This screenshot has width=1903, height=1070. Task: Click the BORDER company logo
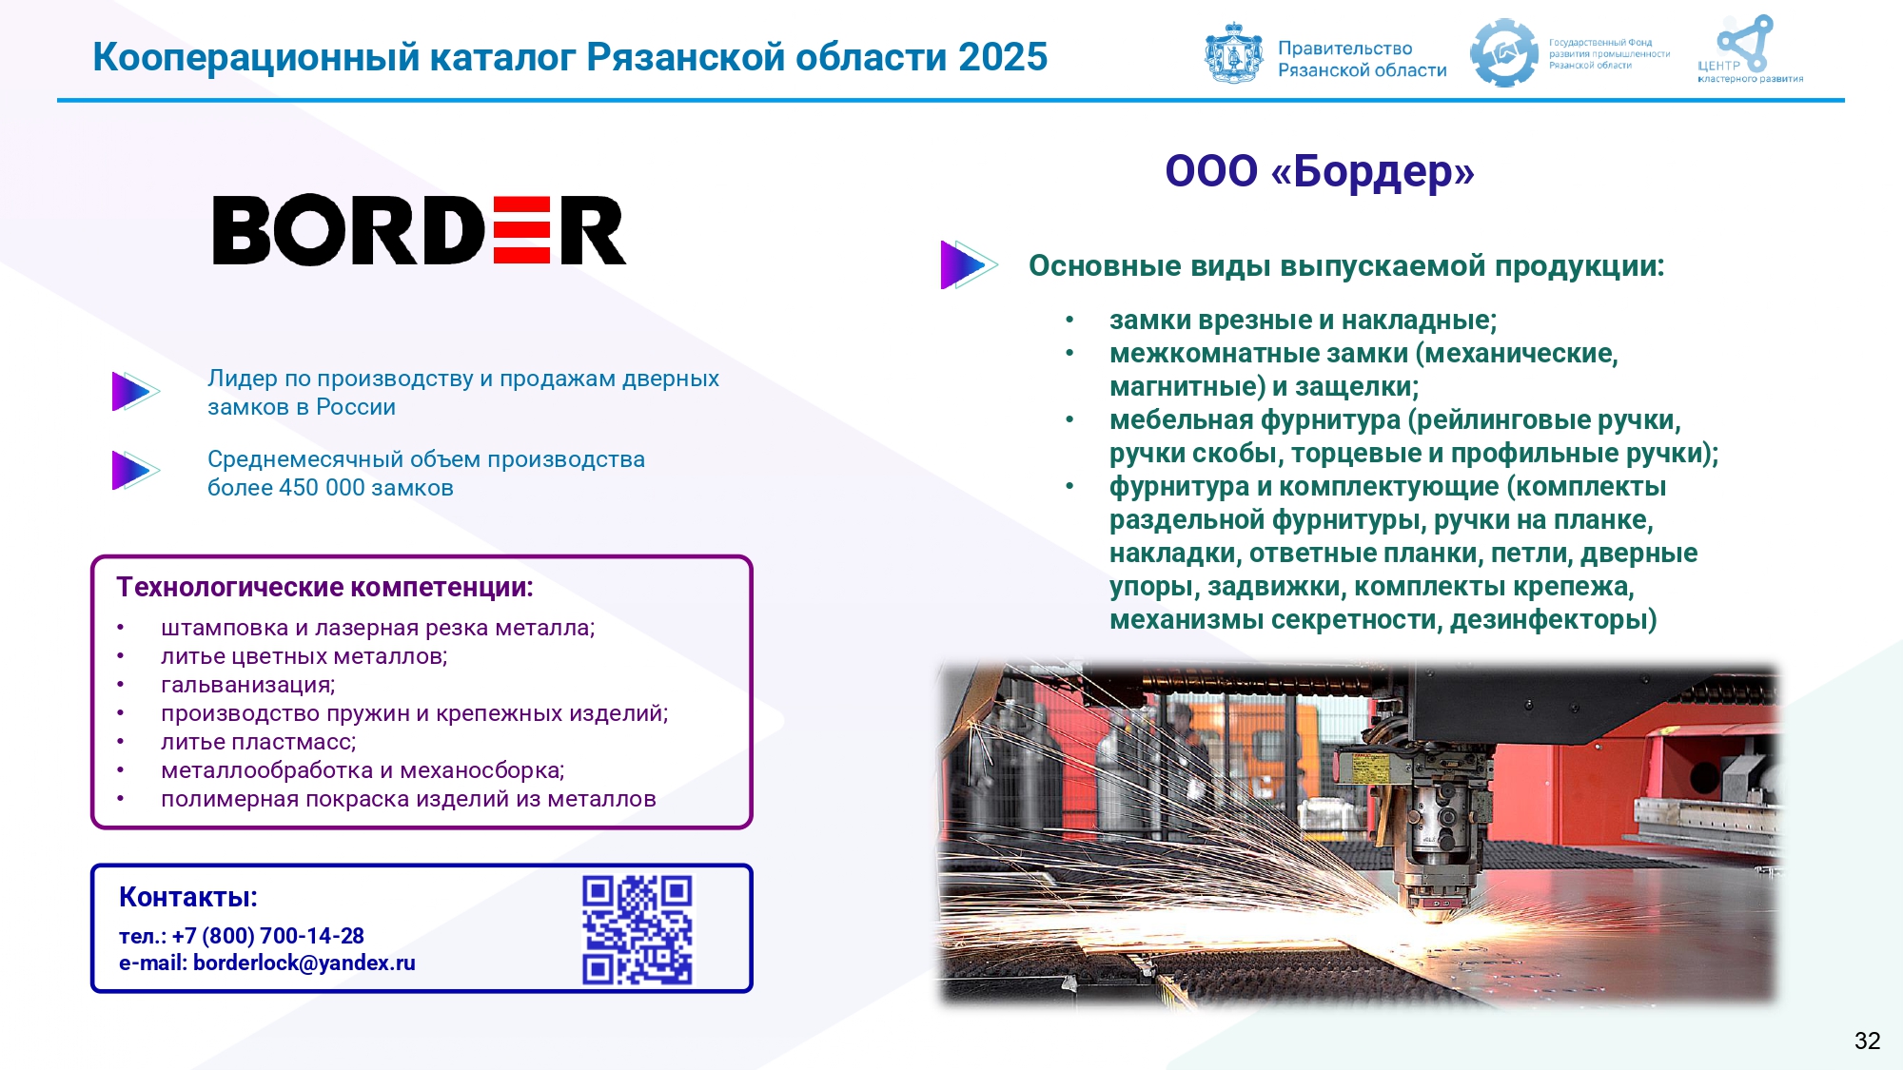click(x=420, y=230)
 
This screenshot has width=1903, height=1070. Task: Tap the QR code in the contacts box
click(x=638, y=929)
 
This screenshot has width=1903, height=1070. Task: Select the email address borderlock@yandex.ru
click(x=304, y=963)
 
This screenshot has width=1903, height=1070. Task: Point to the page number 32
click(x=1867, y=1041)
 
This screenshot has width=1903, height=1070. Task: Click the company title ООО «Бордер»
click(x=1320, y=171)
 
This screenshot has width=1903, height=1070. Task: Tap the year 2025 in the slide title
click(x=1003, y=57)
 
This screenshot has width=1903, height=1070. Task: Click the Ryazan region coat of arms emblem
click(x=1234, y=53)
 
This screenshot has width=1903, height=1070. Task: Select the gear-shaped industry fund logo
click(x=1503, y=53)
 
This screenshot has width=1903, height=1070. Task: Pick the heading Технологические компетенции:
click(x=324, y=587)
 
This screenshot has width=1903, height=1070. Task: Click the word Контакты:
click(x=188, y=897)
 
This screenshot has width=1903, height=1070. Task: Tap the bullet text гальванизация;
click(x=248, y=685)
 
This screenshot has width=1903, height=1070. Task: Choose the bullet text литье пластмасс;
click(x=259, y=742)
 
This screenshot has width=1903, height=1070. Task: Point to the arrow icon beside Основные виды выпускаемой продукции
click(x=968, y=264)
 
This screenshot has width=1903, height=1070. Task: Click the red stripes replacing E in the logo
click(x=522, y=230)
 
